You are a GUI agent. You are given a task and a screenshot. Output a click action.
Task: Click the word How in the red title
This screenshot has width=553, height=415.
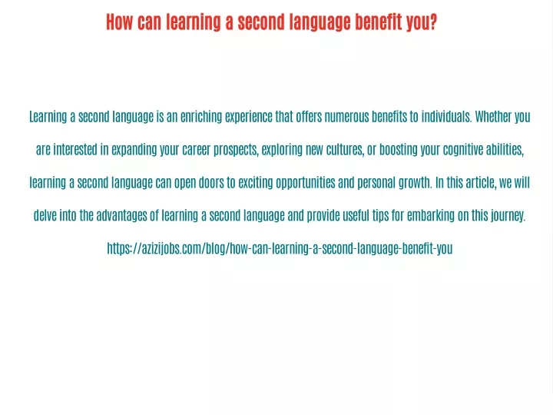tap(120, 22)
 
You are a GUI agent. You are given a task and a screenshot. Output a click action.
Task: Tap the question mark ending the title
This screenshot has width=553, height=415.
tap(432, 22)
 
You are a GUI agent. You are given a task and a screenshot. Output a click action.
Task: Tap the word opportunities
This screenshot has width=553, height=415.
tap(306, 184)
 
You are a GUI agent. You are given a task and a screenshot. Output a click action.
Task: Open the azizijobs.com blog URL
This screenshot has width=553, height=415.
tap(280, 249)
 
